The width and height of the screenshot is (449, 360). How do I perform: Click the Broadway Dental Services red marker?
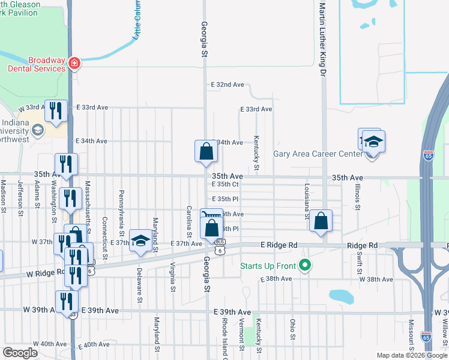pyautogui.click(x=74, y=63)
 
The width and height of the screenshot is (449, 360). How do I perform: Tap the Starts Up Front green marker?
pyautogui.click(x=306, y=265)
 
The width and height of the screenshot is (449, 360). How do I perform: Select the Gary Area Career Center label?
pyautogui.click(x=318, y=154)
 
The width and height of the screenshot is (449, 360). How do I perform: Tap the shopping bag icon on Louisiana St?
pyautogui.click(x=321, y=221)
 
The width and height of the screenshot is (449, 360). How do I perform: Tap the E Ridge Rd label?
pyautogui.click(x=279, y=245)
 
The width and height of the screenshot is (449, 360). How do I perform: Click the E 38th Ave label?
pyautogui.click(x=276, y=280)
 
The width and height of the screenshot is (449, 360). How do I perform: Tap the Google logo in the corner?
pyautogui.click(x=20, y=353)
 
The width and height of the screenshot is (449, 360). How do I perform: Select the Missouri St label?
pyautogui.click(x=411, y=334)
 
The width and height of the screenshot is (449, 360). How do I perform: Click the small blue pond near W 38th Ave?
pyautogui.click(x=341, y=296)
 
